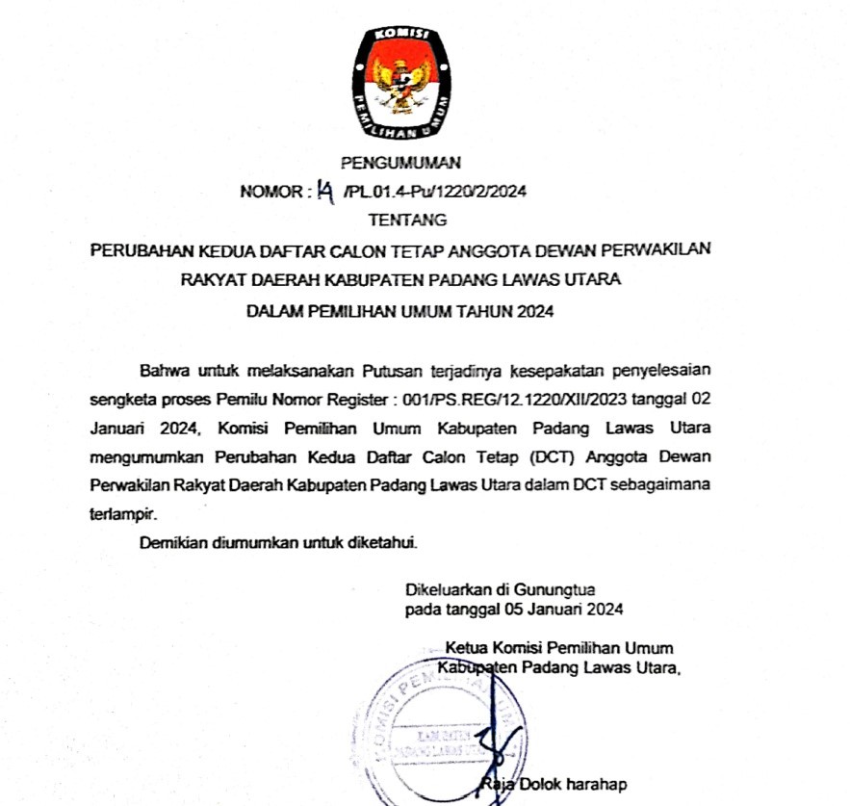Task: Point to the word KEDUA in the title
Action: (253, 251)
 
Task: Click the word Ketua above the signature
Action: (467, 647)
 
